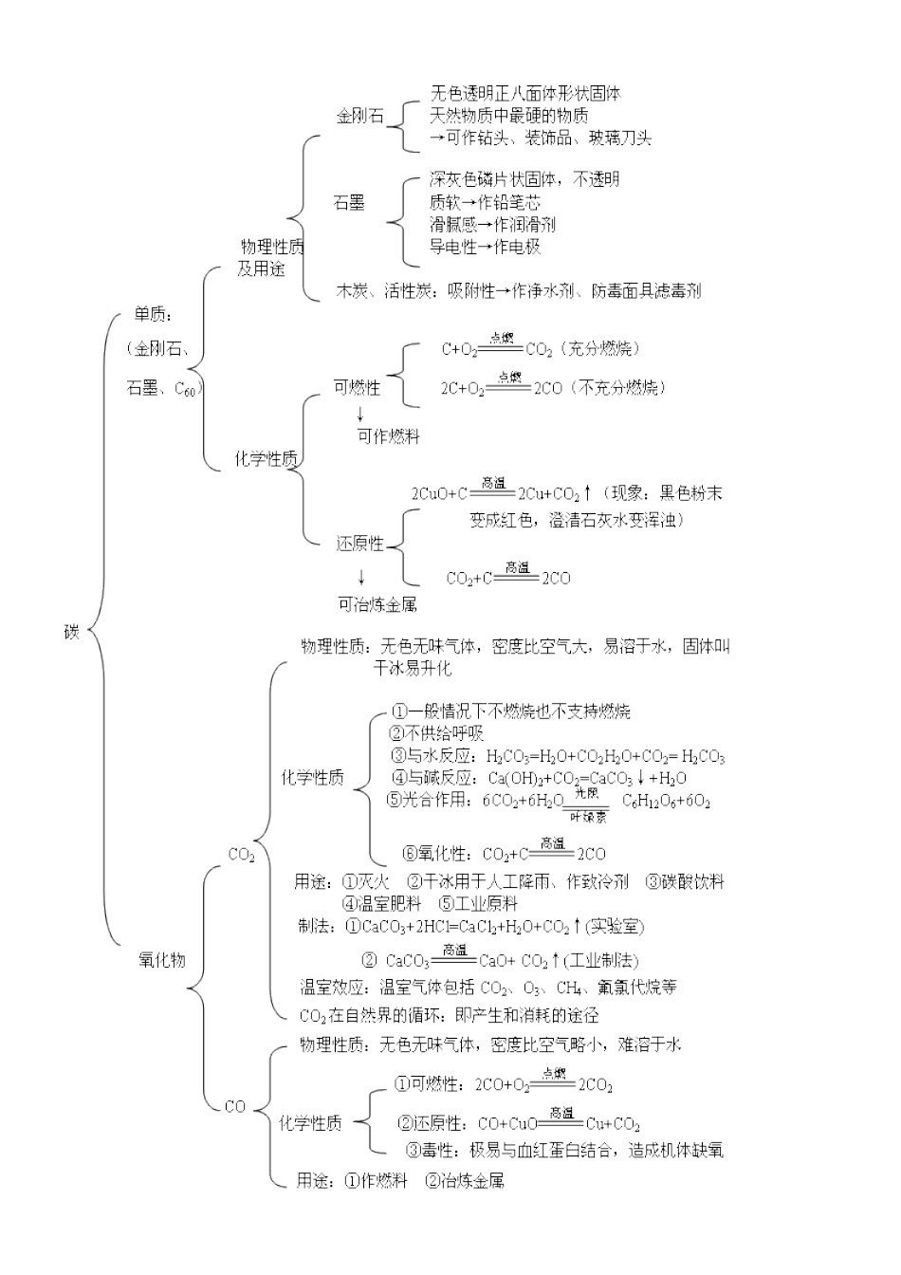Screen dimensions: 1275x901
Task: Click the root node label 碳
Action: pyautogui.click(x=71, y=631)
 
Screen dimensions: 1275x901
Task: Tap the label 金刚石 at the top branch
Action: pyautogui.click(x=360, y=117)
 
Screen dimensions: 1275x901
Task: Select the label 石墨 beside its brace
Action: pyautogui.click(x=349, y=202)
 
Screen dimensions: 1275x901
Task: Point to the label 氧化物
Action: pyautogui.click(x=162, y=959)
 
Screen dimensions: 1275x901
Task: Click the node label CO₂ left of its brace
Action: pyautogui.click(x=242, y=855)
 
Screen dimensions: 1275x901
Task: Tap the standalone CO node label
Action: pyautogui.click(x=234, y=1106)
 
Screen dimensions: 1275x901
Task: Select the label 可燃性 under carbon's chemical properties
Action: pyautogui.click(x=357, y=387)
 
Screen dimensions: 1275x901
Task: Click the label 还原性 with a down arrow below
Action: pyautogui.click(x=360, y=544)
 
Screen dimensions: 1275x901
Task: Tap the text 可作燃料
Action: pyautogui.click(x=388, y=436)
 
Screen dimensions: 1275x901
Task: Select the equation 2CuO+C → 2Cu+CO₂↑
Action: pyautogui.click(x=501, y=493)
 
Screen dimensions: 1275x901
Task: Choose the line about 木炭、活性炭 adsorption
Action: pyautogui.click(x=519, y=290)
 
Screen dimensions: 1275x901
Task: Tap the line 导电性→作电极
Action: pyautogui.click(x=485, y=247)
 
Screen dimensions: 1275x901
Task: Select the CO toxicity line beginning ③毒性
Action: pyautogui.click(x=564, y=1150)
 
